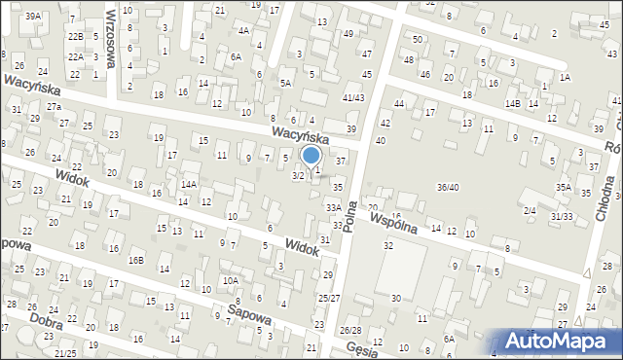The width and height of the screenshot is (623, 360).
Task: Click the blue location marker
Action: tap(311, 156)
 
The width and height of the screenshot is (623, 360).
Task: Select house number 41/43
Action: tap(352, 98)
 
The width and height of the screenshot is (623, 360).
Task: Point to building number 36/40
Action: tap(448, 187)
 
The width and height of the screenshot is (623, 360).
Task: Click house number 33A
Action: tap(333, 207)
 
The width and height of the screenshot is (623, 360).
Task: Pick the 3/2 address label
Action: tap(298, 176)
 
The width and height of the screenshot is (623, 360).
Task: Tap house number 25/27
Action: tap(329, 298)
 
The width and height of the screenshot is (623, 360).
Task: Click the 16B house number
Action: tap(136, 260)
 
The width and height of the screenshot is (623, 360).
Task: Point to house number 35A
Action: tap(563, 187)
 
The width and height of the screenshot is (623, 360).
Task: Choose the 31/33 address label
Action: tap(562, 216)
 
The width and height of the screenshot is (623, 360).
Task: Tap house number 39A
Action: tap(33, 17)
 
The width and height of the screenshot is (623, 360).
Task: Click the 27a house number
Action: tap(54, 106)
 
